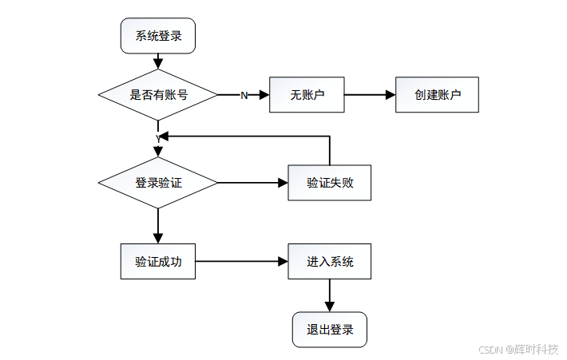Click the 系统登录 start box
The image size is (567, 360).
[157, 37]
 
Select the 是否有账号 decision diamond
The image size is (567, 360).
[158, 94]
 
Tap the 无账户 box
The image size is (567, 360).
[307, 94]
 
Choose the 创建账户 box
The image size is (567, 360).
[438, 94]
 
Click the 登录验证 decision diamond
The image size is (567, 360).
[158, 183]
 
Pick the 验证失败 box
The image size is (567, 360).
[330, 183]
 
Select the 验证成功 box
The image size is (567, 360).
[158, 261]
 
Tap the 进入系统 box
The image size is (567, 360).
[330, 261]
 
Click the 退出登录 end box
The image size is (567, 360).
[330, 329]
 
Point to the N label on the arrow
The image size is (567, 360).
[244, 95]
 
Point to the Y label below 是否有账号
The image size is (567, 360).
[158, 138]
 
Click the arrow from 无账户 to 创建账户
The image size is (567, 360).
[370, 94]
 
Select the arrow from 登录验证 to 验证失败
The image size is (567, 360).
[252, 183]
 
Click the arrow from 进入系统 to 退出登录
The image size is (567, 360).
[330, 295]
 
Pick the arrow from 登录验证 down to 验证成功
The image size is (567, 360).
[158, 226]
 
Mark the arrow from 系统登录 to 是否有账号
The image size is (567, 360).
[158, 61]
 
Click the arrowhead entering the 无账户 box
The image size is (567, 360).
[264, 95]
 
